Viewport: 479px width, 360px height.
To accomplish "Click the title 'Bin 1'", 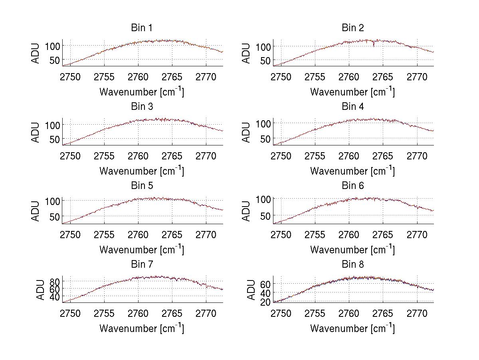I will click(x=141, y=28).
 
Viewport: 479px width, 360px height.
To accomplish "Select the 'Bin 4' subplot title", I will click(x=352, y=107).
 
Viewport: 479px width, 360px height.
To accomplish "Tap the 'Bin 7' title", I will click(x=141, y=265).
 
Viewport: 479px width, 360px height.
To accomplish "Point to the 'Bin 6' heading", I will click(x=352, y=186).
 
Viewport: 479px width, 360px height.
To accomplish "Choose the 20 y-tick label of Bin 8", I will click(x=266, y=302).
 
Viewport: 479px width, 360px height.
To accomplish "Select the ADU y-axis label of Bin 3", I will click(x=36, y=132).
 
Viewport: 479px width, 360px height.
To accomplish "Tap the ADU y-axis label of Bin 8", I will click(x=251, y=290).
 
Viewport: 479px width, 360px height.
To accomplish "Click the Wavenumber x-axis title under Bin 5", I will click(x=141, y=249).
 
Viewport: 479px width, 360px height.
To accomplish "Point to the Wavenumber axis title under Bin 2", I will click(x=352, y=92).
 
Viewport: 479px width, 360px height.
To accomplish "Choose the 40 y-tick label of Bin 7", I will click(x=55, y=297).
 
